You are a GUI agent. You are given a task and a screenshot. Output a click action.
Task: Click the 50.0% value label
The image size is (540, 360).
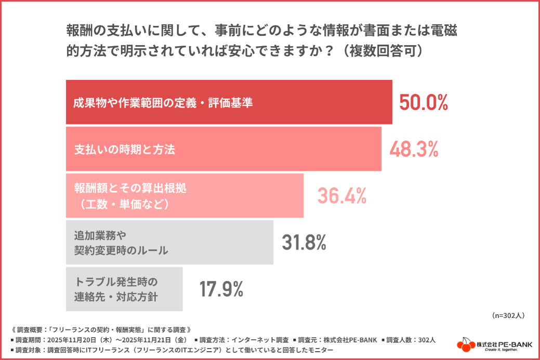pyautogui.click(x=424, y=103)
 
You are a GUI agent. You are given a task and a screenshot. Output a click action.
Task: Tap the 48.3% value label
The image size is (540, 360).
pyautogui.click(x=414, y=150)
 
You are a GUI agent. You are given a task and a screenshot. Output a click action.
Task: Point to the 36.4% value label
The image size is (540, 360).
pyautogui.click(x=342, y=196)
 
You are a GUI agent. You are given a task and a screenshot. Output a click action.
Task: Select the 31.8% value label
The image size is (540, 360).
pyautogui.click(x=304, y=242)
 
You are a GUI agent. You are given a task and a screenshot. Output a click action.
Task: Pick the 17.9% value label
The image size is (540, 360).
pyautogui.click(x=221, y=289)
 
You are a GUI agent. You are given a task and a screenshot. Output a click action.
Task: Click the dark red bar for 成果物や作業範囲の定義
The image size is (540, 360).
pyautogui.click(x=229, y=102)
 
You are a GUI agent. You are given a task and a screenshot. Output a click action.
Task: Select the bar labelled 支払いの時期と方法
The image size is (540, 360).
pyautogui.click(x=223, y=149)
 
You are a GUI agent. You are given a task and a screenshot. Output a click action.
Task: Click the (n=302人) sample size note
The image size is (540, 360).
pyautogui.click(x=508, y=315)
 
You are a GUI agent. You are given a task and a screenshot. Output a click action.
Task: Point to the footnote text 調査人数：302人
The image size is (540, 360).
pyautogui.click(x=411, y=340)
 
